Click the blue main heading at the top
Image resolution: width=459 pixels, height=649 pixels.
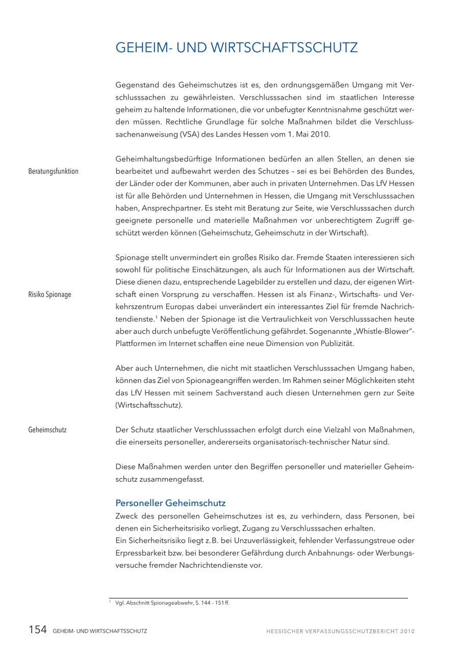tap(237, 48)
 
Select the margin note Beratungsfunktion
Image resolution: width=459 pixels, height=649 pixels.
tap(54, 171)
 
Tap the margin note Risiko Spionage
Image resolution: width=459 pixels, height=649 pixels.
tap(50, 295)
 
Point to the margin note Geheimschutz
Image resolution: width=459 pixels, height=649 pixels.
tap(47, 430)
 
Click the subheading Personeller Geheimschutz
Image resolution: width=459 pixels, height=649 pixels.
tap(170, 503)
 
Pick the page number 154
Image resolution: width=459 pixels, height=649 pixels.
tap(37, 630)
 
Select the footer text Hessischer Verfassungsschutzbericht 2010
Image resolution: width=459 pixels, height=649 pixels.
tap(340, 631)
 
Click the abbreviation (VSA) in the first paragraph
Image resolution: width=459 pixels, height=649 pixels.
tap(191, 135)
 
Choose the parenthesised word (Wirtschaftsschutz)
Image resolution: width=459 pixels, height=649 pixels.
tap(149, 406)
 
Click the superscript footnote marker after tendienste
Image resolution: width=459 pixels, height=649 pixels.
tap(156, 317)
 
